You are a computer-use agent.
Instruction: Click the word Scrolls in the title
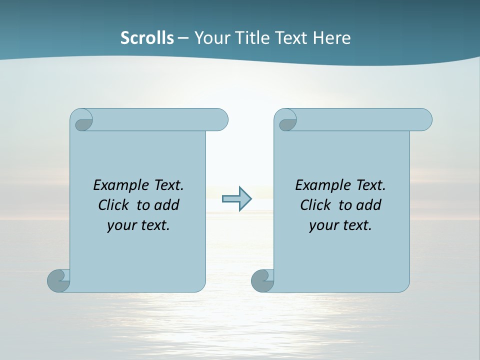point(147,38)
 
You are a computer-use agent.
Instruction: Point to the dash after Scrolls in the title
point(183,38)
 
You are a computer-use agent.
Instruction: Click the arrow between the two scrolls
point(237,199)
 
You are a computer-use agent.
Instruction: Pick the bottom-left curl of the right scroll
point(262,280)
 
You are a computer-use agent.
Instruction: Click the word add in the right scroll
point(369,205)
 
